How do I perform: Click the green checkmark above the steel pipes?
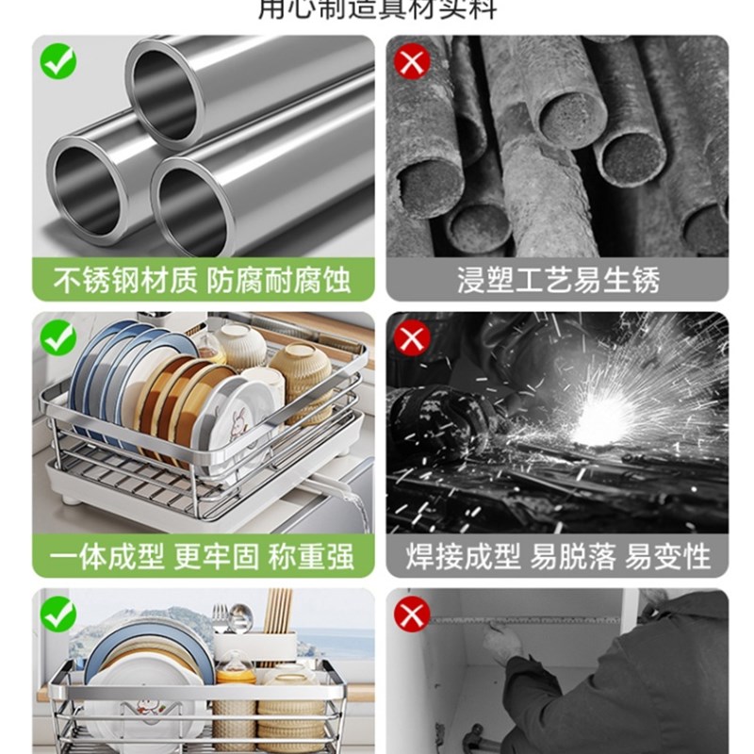point(58,61)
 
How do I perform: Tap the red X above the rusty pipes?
point(413,61)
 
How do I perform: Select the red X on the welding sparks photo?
point(413,337)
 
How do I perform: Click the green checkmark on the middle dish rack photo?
point(58,337)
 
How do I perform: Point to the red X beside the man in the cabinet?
point(413,615)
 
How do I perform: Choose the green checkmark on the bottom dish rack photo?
point(58,615)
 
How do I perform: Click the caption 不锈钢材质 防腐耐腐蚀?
point(203,280)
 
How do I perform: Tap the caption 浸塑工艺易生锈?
point(558,280)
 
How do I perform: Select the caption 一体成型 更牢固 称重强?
point(203,556)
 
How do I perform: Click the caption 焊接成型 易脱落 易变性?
point(558,556)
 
